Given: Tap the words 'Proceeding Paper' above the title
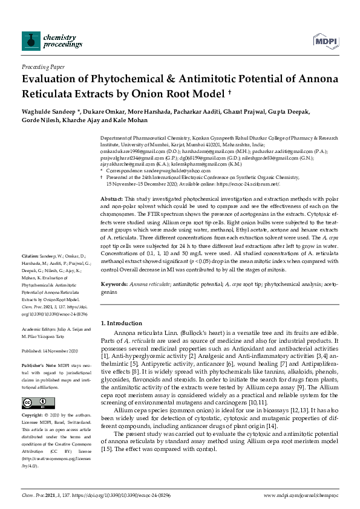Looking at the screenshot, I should click(x=43, y=67).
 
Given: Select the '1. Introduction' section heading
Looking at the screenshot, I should click(x=122, y=323).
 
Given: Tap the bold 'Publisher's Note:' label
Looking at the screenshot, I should click(x=37, y=366).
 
